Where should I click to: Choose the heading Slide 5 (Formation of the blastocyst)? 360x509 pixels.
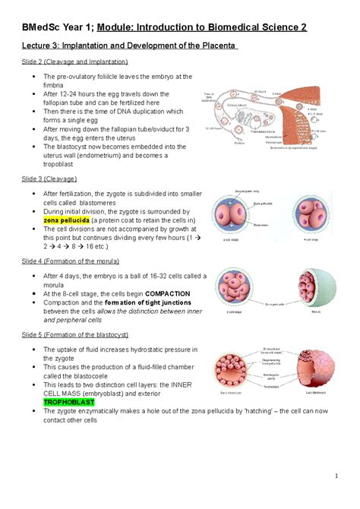(86, 334)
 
